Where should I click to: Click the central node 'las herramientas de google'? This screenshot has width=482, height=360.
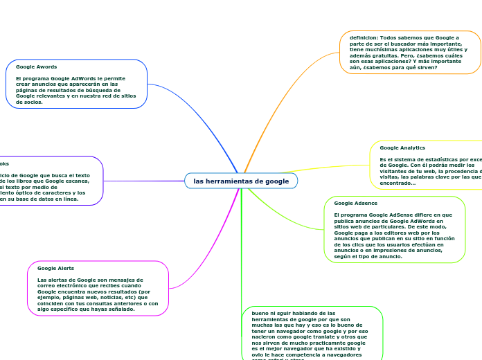point(241,181)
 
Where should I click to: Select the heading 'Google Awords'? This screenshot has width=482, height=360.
point(36,66)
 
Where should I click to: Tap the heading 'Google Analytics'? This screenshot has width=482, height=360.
point(402,147)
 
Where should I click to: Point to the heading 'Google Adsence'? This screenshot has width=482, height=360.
point(355,203)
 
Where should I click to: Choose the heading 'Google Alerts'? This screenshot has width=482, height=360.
point(55,267)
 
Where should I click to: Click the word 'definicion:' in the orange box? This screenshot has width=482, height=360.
point(364,37)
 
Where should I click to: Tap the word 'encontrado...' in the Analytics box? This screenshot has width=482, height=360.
point(398,183)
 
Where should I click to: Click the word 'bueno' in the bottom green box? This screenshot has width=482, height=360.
point(251,313)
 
